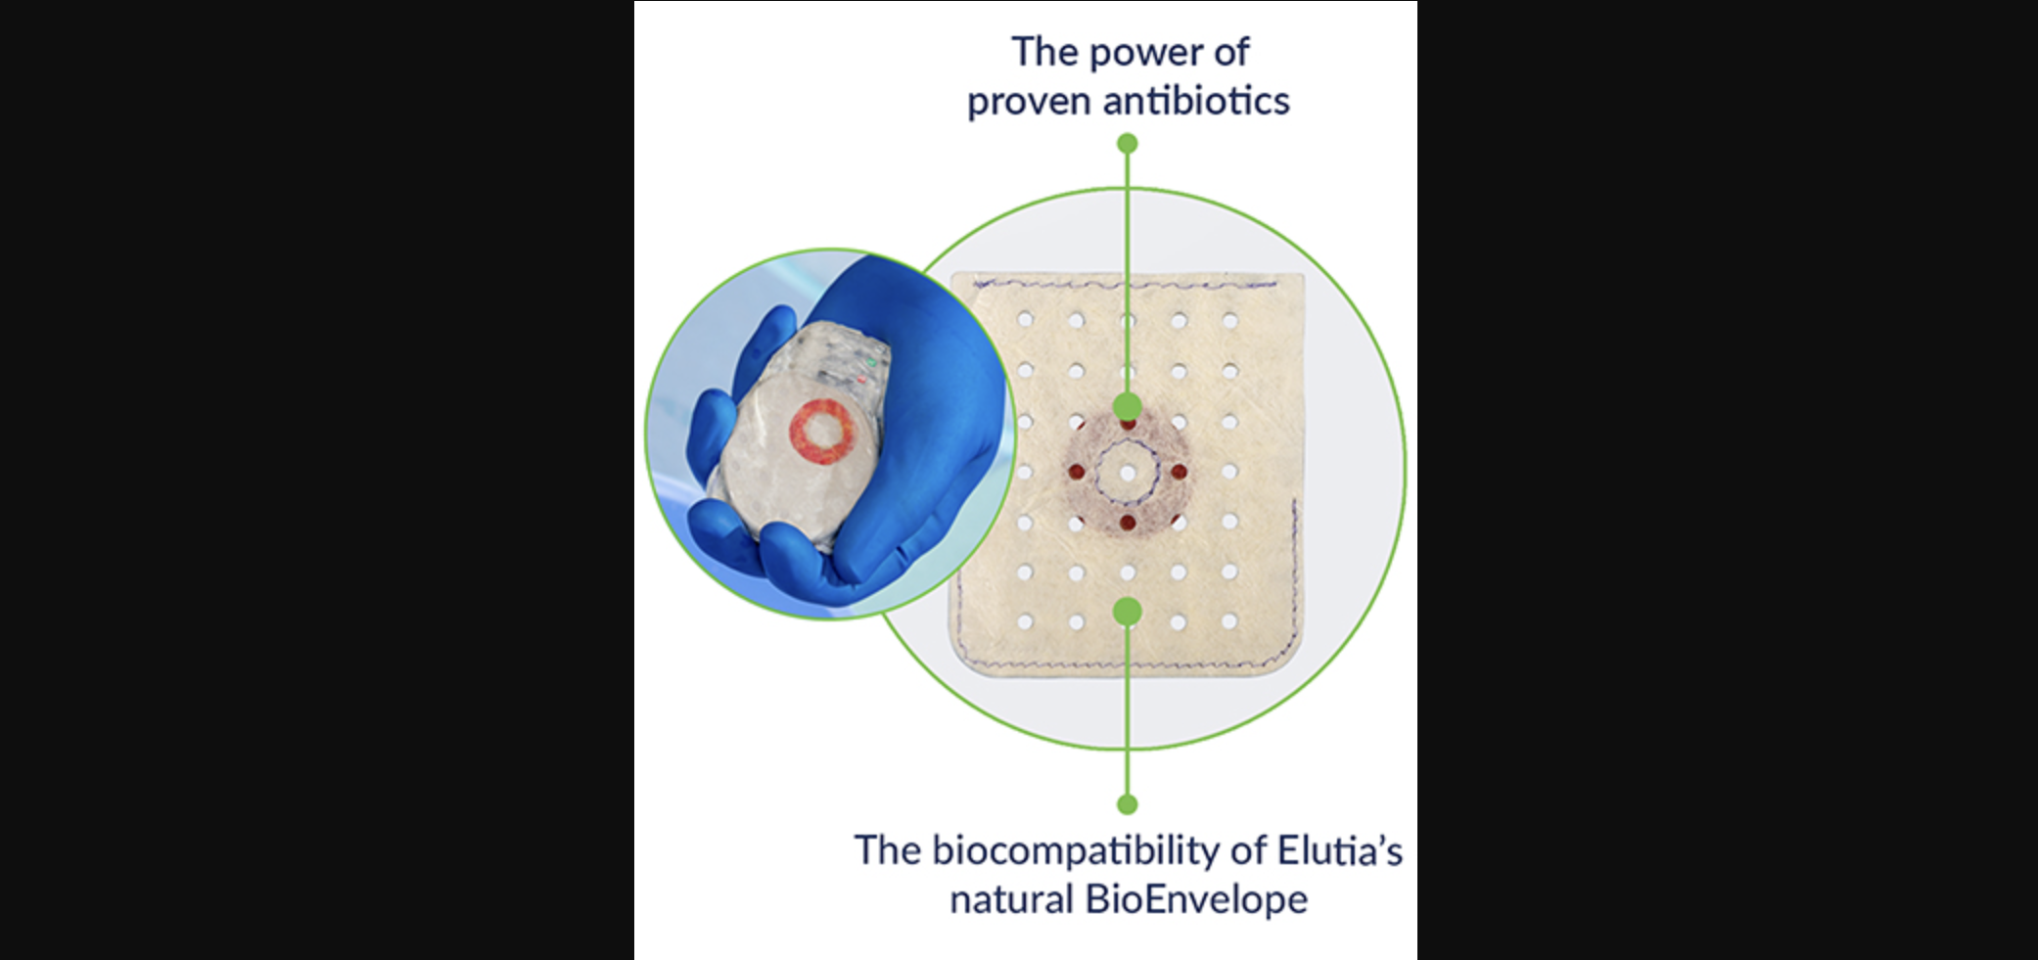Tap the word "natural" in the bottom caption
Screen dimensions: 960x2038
click(1012, 899)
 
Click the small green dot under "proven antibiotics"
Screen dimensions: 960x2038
click(1128, 144)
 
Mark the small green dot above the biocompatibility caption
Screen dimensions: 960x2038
click(1128, 804)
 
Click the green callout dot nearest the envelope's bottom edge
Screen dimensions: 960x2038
click(1128, 612)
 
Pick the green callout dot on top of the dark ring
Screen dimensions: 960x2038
click(1128, 406)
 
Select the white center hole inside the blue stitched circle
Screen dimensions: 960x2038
click(1128, 474)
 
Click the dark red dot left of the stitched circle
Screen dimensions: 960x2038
click(1077, 473)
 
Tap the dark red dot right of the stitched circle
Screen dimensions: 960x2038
click(1179, 473)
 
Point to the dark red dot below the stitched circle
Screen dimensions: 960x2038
click(1128, 523)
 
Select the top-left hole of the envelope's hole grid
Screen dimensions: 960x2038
click(1025, 319)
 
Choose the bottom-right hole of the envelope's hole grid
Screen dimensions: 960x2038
click(1229, 621)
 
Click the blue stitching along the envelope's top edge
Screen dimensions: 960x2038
click(1126, 285)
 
